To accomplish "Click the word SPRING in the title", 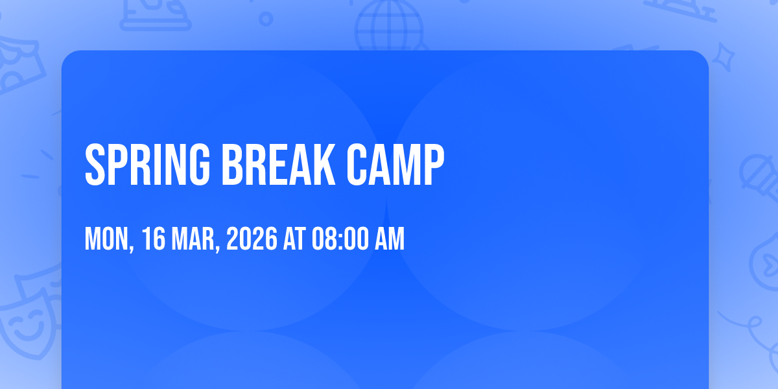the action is point(148,165).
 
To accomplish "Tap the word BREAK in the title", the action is point(279,165).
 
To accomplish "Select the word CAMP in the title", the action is point(395,165).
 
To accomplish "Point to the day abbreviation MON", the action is point(106,239).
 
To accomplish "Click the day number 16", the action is point(154,239).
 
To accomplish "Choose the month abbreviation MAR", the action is point(193,239).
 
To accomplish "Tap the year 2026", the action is point(252,239).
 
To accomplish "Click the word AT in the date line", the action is point(294,239).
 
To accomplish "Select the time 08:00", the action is point(340,239).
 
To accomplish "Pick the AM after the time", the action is point(390,239).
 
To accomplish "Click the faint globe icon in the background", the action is point(390,26).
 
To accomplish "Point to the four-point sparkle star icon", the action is point(723,57).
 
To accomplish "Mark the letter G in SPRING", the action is point(197,165).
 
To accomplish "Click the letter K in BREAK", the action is point(323,165).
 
